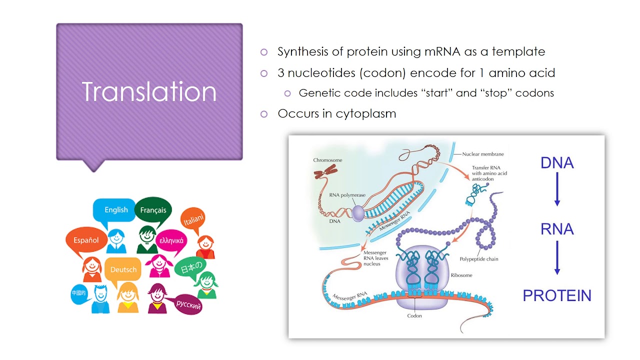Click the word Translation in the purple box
pyautogui.click(x=149, y=92)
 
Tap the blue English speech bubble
pyautogui.click(x=115, y=210)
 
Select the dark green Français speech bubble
pyautogui.click(x=152, y=210)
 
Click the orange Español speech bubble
pyautogui.click(x=86, y=240)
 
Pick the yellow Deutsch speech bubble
pyautogui.click(x=123, y=269)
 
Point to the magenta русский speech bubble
pyautogui.click(x=188, y=304)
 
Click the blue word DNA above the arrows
pyautogui.click(x=557, y=163)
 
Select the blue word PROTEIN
pyautogui.click(x=557, y=295)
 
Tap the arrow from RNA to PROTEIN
pyautogui.click(x=557, y=258)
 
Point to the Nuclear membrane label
pyautogui.click(x=483, y=154)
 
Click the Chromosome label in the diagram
pyautogui.click(x=327, y=160)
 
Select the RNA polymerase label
pyautogui.click(x=347, y=195)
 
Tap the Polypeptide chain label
pyautogui.click(x=478, y=259)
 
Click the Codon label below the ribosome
pyautogui.click(x=414, y=316)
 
